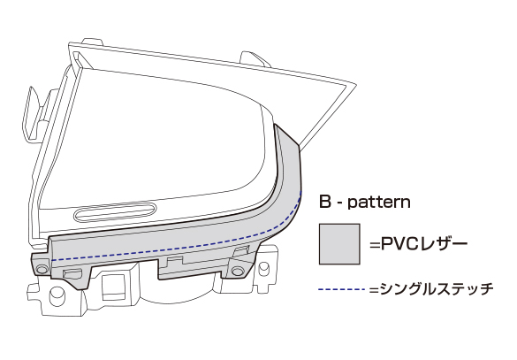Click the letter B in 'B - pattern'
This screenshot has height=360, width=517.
[324, 202]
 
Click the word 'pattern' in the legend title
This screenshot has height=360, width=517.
[379, 202]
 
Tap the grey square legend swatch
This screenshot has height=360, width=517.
[339, 244]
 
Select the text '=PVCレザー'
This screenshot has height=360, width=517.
[418, 244]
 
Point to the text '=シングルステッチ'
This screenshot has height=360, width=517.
[431, 289]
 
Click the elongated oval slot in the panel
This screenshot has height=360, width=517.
[115, 211]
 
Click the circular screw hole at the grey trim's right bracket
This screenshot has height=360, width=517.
[237, 272]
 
